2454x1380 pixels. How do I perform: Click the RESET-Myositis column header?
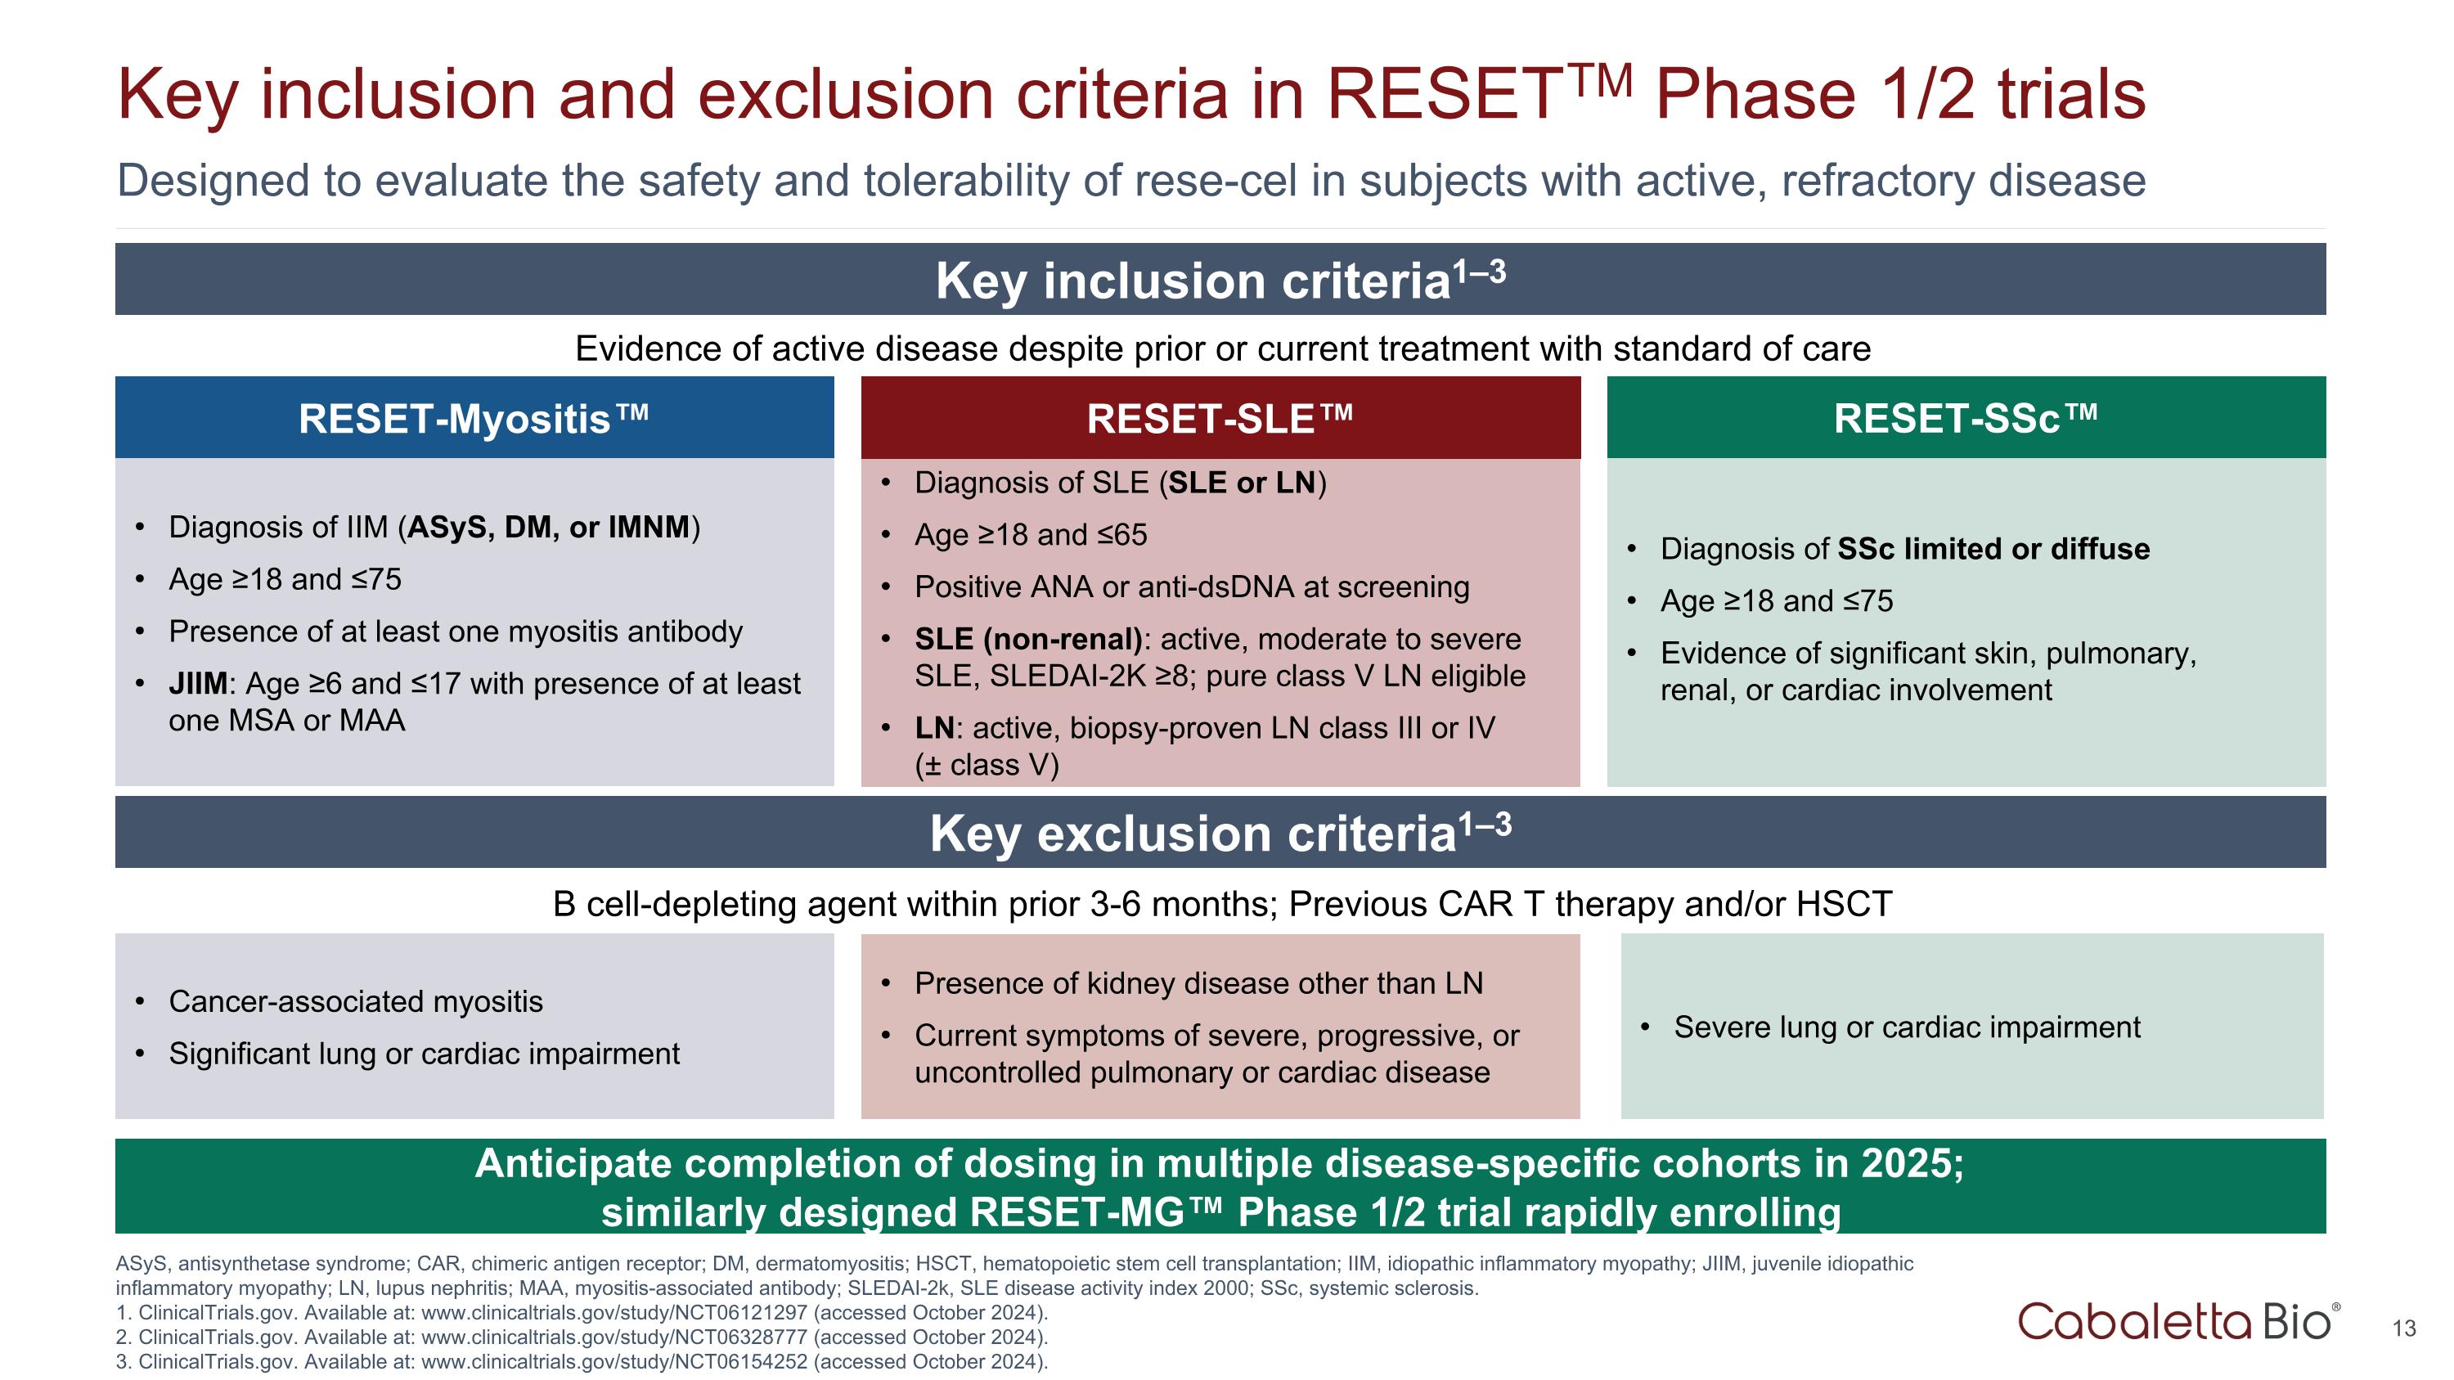click(474, 419)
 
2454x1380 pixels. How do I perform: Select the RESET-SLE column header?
click(1220, 419)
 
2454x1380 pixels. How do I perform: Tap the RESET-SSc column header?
click(1966, 419)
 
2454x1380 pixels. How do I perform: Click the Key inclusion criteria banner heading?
click(1220, 281)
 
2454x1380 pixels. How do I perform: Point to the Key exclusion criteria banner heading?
click(1220, 834)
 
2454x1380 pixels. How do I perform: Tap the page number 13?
click(2403, 1328)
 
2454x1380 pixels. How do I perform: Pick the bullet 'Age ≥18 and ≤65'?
click(1030, 535)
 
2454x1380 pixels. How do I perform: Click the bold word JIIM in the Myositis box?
click(197, 684)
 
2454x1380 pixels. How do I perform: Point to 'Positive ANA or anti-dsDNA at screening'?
click(1191, 587)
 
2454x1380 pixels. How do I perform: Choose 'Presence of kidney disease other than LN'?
click(1198, 984)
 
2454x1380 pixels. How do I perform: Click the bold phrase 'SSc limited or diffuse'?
click(1993, 550)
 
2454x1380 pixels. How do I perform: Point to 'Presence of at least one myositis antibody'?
click(456, 632)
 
